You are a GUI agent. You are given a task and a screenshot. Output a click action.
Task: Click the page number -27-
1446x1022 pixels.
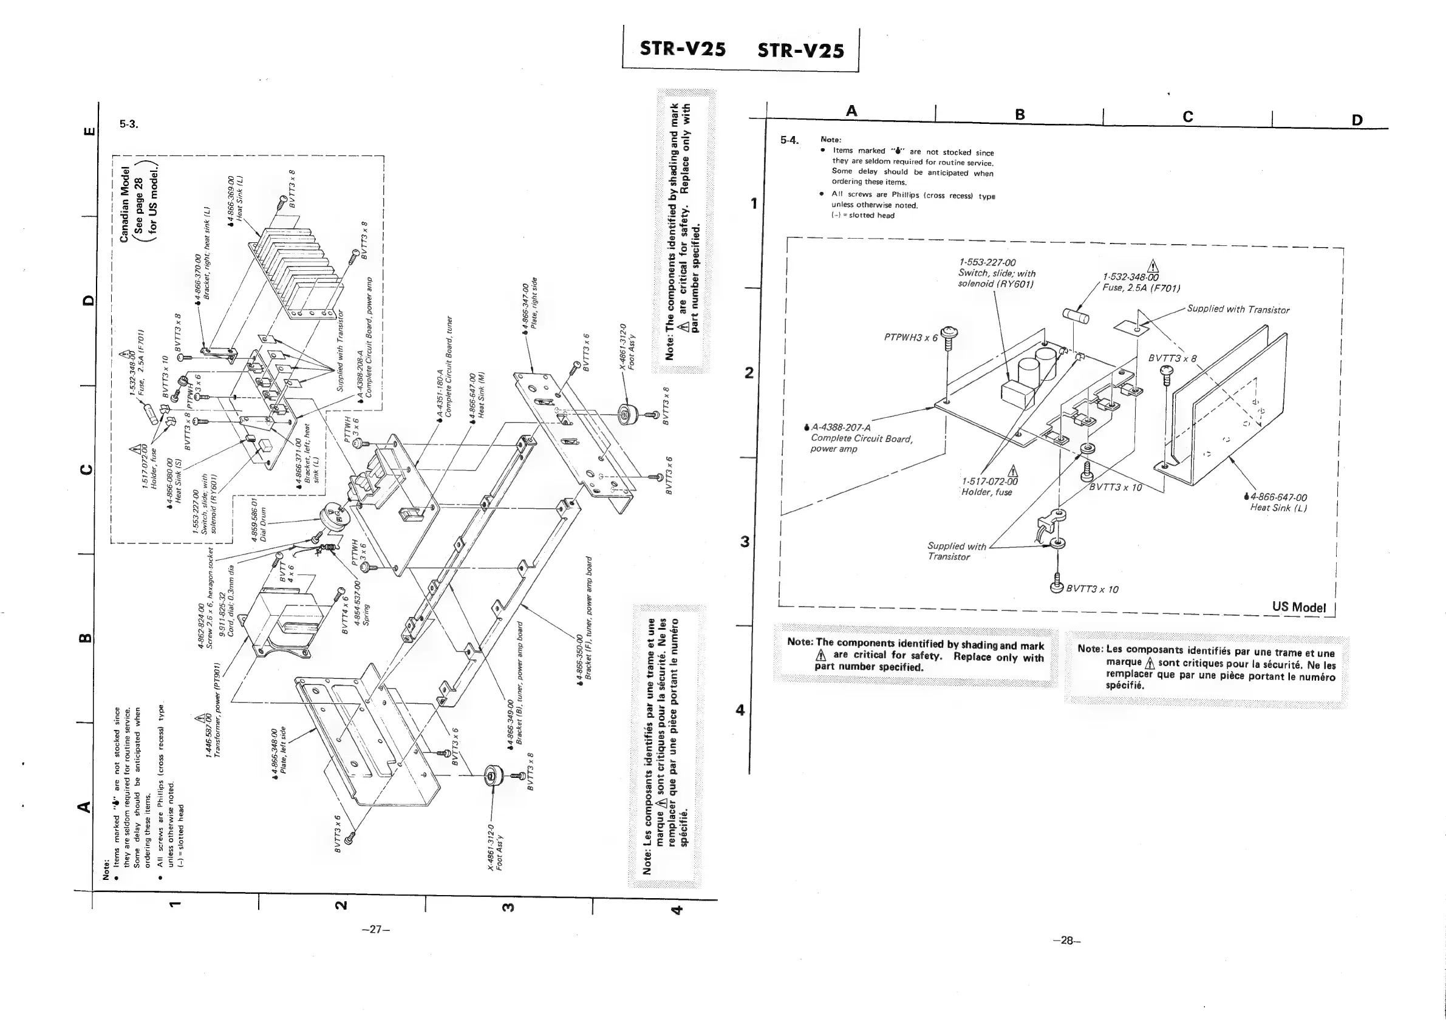pos(376,929)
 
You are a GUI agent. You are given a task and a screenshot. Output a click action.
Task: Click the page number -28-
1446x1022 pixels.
pos(1066,940)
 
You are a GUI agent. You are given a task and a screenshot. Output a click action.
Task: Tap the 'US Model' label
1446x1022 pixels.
pos(1298,607)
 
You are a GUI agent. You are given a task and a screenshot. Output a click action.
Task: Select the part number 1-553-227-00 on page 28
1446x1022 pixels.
pos(987,262)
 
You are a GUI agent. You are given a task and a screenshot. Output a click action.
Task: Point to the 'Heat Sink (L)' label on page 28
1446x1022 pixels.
pos(1278,508)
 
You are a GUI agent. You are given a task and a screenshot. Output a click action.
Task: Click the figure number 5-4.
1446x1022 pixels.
pos(789,140)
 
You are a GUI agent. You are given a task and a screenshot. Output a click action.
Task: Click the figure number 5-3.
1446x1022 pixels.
pos(129,124)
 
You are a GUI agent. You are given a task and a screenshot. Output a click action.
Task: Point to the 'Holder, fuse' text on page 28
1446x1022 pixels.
pos(986,492)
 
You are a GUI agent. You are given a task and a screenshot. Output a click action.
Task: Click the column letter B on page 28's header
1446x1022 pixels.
pos(1020,114)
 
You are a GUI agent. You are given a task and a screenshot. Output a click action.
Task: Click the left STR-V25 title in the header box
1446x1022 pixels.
pos(683,49)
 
